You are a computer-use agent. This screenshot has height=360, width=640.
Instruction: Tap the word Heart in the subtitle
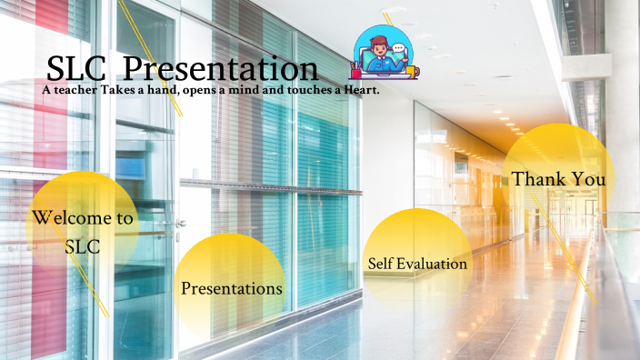(357, 90)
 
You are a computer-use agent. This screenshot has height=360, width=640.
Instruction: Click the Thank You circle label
(558, 179)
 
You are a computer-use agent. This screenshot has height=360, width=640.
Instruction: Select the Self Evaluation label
(417, 264)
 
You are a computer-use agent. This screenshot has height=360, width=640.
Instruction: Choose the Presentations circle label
(231, 289)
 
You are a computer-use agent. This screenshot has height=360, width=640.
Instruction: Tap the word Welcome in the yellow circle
(83, 218)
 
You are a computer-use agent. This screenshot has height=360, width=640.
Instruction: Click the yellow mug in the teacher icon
(411, 71)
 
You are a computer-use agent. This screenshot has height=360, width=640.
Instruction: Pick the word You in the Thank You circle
(588, 179)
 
